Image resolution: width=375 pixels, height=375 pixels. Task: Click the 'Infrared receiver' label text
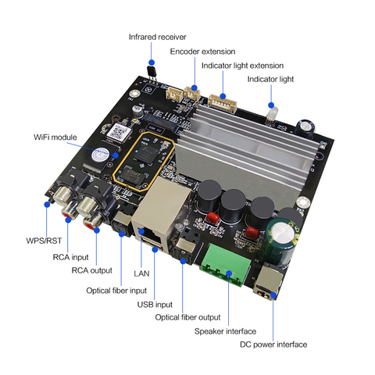[157, 37]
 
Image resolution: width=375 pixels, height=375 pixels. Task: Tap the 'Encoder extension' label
[202, 52]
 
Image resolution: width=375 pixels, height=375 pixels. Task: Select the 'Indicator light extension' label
[242, 66]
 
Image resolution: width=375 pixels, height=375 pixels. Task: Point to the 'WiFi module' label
[55, 137]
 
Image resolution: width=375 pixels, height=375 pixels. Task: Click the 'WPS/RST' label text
[44, 241]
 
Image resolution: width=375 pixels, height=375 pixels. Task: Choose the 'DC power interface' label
[273, 345]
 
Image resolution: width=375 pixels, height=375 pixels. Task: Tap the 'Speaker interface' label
[225, 331]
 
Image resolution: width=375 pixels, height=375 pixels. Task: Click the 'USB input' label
[155, 305]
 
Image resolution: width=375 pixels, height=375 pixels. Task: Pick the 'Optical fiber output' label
[187, 317]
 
